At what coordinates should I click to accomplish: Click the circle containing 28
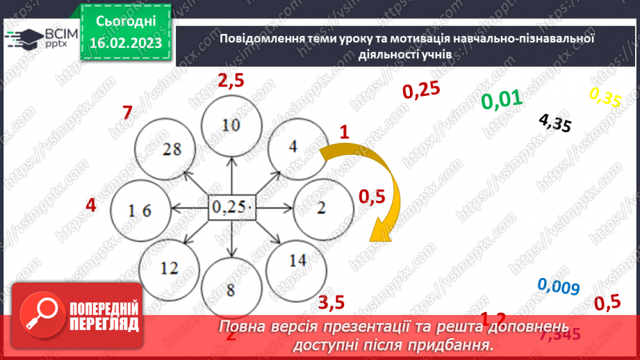point(165,149)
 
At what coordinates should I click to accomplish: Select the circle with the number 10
point(231,126)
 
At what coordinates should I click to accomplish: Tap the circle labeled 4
point(294,147)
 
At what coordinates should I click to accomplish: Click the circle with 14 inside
point(297,261)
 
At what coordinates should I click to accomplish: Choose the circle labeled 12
point(169,268)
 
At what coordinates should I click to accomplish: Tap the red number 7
point(126,112)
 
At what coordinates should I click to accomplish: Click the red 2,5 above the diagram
point(231,81)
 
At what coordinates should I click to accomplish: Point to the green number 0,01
point(501,100)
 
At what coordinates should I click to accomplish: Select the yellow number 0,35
point(605,97)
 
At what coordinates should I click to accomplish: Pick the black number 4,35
point(555,123)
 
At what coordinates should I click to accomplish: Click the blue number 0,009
point(559,287)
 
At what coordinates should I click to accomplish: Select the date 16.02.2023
point(125,43)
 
